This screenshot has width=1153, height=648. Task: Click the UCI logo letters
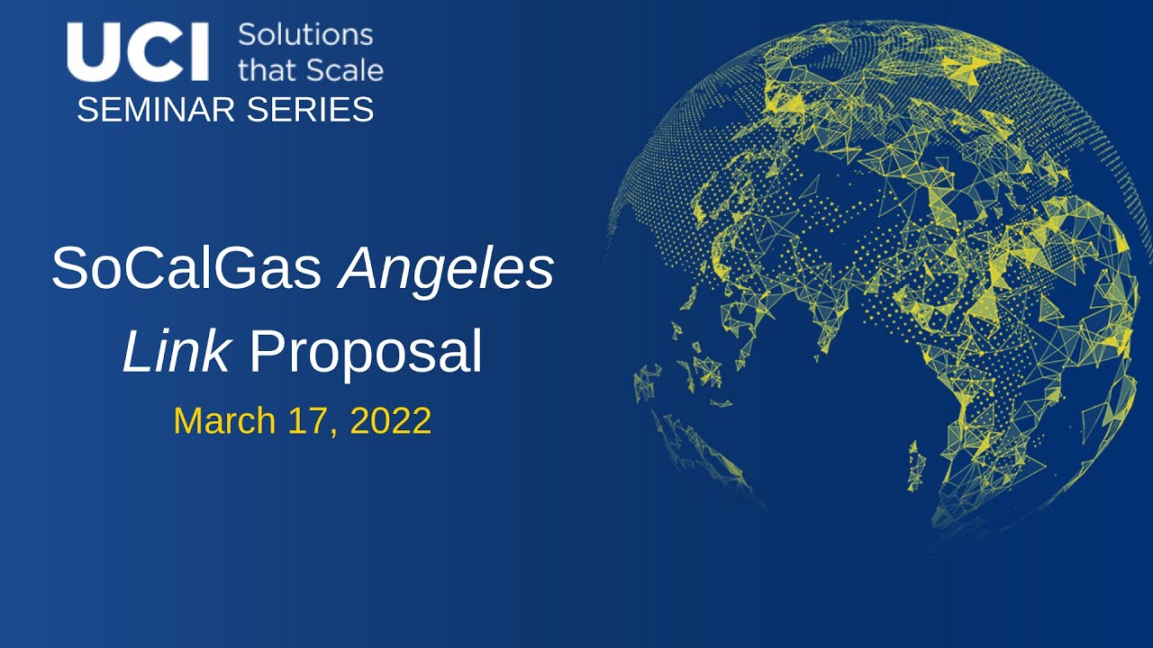coord(138,52)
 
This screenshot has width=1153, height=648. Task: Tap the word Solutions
coord(304,35)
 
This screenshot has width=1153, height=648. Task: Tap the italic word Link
coord(176,352)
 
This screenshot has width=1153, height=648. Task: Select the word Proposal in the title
coord(365,354)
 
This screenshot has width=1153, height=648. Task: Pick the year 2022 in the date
coord(390,421)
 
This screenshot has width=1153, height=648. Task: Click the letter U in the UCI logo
coord(91,52)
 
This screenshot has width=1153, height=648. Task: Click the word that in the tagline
coord(268,69)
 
